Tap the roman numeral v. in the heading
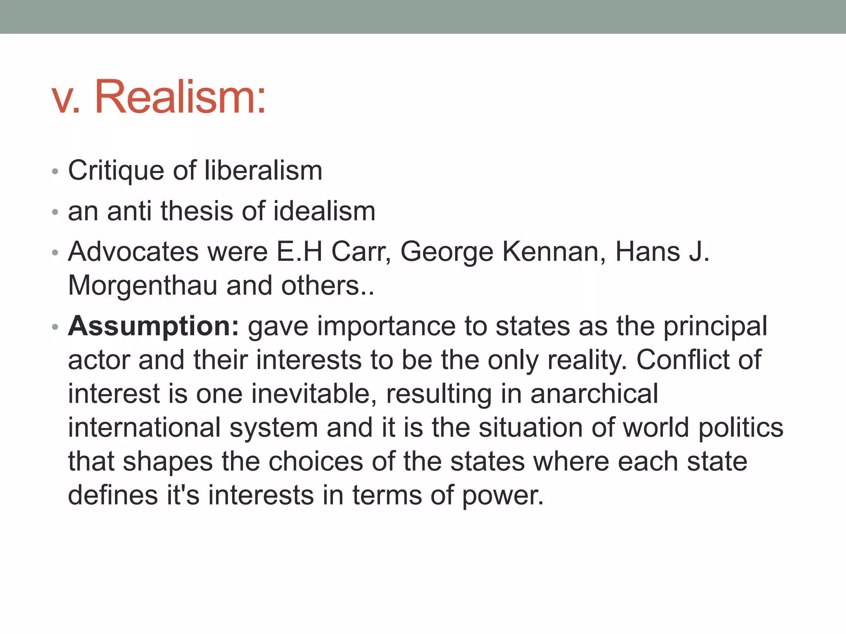click(x=66, y=99)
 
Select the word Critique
click(x=116, y=171)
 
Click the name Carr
click(x=361, y=251)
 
